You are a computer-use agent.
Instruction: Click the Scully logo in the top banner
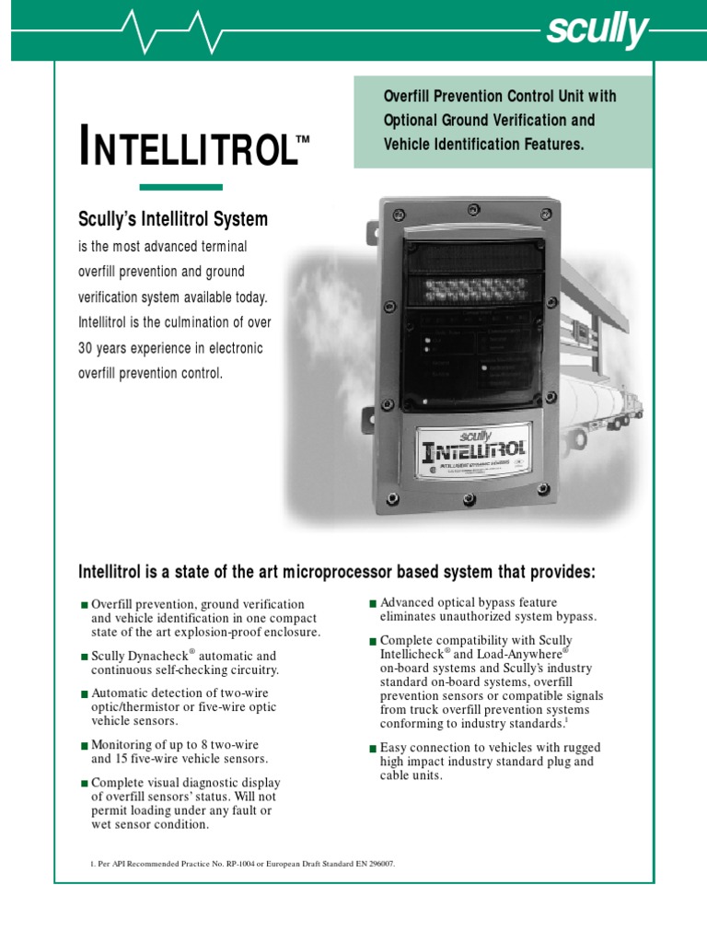(x=597, y=31)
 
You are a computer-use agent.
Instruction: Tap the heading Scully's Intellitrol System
(x=174, y=219)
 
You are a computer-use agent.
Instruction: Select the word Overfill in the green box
(x=410, y=97)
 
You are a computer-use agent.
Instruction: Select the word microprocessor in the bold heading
(x=342, y=573)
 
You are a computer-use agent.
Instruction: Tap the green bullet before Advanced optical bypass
(x=373, y=603)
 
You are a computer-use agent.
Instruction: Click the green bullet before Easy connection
(x=373, y=749)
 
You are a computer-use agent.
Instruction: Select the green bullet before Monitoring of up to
(x=84, y=746)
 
